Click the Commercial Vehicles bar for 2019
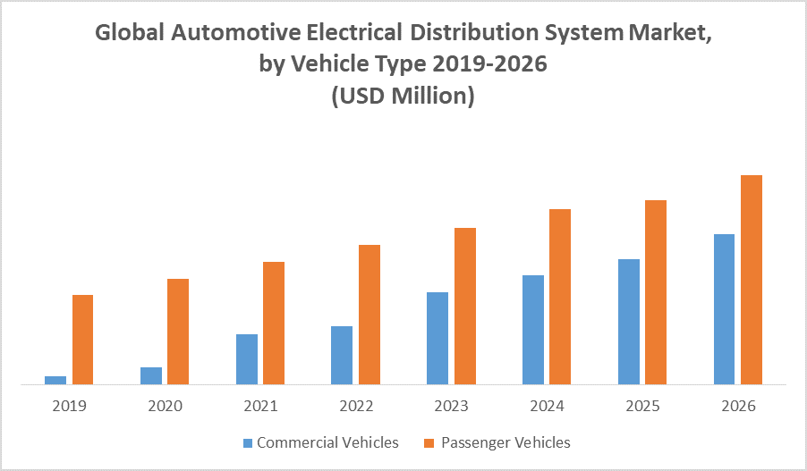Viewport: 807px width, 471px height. (x=55, y=380)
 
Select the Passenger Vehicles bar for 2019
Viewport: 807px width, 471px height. (x=82, y=340)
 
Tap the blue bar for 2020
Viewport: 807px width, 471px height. (x=151, y=375)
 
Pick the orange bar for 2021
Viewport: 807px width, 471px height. (x=274, y=323)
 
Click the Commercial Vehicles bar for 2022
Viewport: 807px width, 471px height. (x=342, y=355)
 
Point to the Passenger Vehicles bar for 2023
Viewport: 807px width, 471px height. (x=465, y=306)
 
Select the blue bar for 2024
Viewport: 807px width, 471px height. (x=533, y=330)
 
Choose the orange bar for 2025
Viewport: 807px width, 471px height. (x=656, y=292)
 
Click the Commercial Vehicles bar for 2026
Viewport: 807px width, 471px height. (x=724, y=309)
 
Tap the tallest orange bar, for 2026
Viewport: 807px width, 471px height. (x=752, y=280)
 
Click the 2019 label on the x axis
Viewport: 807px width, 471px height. (x=69, y=406)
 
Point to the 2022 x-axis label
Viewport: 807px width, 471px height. (x=356, y=406)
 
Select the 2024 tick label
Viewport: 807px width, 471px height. (x=547, y=406)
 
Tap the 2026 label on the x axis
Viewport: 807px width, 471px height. (x=738, y=406)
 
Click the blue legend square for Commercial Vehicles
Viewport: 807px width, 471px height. (x=247, y=442)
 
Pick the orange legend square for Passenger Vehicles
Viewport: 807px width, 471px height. (x=430, y=442)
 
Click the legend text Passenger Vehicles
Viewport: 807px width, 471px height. (x=505, y=442)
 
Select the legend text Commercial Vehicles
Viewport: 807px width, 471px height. (x=327, y=442)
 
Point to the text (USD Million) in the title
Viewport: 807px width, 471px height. (x=403, y=96)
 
